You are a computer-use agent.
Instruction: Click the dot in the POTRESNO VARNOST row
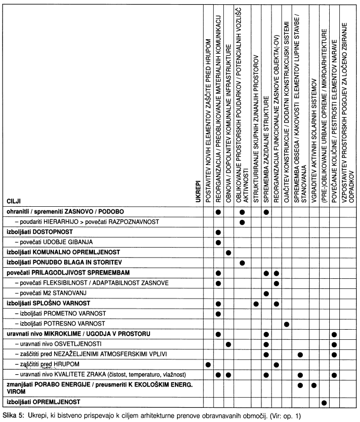(287, 323)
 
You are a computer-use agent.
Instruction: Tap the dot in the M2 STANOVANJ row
(266, 293)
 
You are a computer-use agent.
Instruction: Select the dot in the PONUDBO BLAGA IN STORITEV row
(242, 262)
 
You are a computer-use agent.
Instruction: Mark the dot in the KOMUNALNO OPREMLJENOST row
(229, 252)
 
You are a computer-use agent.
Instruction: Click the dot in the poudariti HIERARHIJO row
(242, 222)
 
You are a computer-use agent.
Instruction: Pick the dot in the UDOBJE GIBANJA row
(218, 242)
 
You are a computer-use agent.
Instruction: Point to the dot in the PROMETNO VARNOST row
(218, 313)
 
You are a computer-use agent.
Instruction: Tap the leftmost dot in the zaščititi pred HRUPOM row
(208, 364)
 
